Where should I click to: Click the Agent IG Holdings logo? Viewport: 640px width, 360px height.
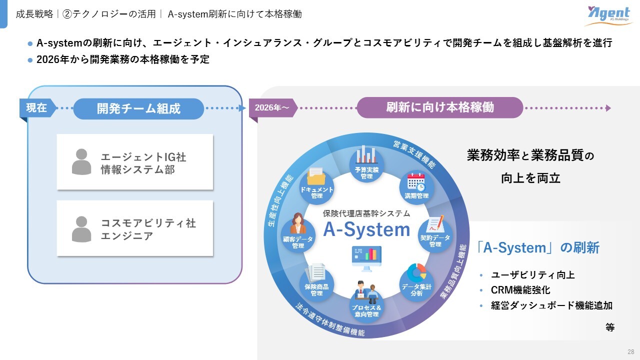[x=607, y=16]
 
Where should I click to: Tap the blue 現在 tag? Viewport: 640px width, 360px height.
[x=36, y=108]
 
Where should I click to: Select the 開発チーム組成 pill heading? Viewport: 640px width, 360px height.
[x=138, y=108]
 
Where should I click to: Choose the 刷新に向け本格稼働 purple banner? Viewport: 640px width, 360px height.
[x=439, y=107]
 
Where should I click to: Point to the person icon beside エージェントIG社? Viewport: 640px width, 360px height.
[x=81, y=162]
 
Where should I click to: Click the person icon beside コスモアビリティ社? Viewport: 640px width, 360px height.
[x=81, y=229]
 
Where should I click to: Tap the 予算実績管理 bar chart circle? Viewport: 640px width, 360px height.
[x=366, y=165]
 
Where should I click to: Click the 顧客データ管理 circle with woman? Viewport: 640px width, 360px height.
[x=298, y=233]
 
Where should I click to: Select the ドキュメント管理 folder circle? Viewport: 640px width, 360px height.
[x=316, y=184]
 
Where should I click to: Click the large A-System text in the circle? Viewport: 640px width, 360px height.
[x=366, y=229]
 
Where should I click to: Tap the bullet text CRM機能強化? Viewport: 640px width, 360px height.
[x=520, y=290]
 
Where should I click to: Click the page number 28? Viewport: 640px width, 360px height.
[x=630, y=351]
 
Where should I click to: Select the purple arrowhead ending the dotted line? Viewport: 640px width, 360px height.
[x=608, y=108]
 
